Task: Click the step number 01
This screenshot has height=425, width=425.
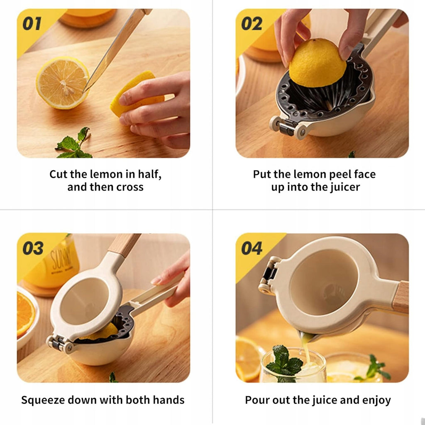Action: [x=32, y=24]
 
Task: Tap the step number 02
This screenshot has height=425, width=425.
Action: [x=252, y=24]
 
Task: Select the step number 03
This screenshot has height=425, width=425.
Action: [x=33, y=248]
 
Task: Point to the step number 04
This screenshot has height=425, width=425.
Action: [x=252, y=248]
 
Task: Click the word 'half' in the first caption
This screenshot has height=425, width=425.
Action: [x=149, y=174]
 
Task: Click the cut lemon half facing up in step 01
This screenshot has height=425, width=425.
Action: [x=62, y=83]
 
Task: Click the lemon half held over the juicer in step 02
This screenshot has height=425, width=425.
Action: [x=318, y=63]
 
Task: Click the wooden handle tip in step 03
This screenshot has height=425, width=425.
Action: [x=124, y=245]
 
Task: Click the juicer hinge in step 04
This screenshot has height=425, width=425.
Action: [x=269, y=276]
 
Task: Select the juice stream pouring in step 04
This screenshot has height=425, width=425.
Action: [x=305, y=349]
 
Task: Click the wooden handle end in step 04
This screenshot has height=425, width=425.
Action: [x=401, y=297]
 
